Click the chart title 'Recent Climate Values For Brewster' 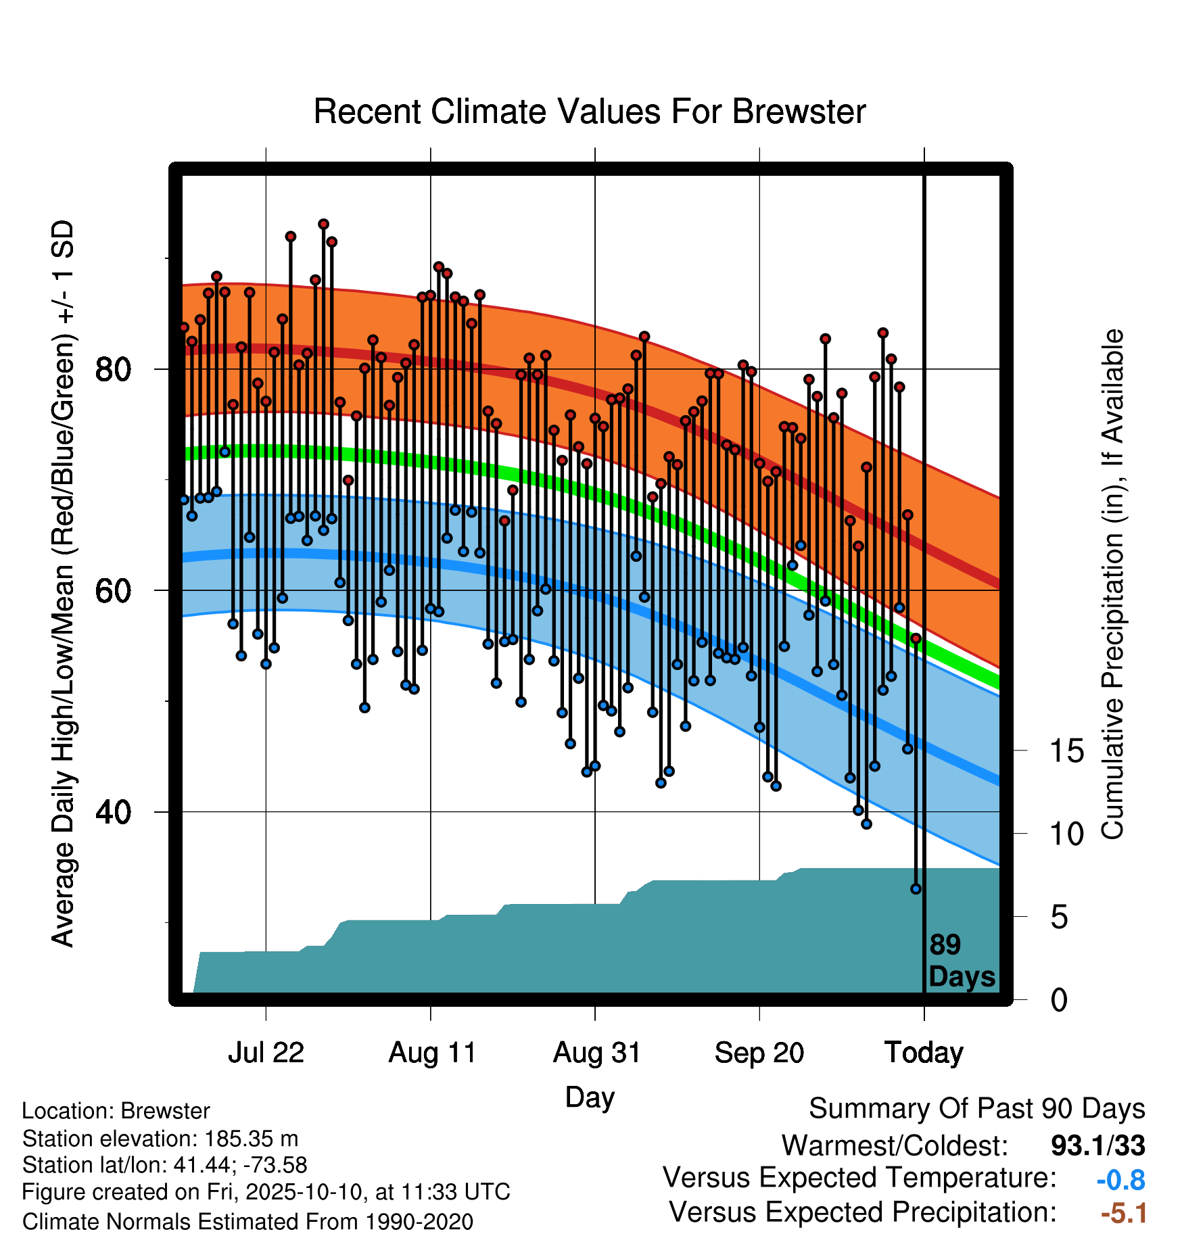pos(590,112)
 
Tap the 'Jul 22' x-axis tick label pos(266,1052)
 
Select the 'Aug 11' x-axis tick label pos(432,1052)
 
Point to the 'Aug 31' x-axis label pos(596,1052)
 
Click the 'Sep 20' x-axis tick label pos(759,1052)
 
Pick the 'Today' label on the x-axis pos(924,1053)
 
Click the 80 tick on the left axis pos(113,369)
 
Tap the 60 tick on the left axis pos(113,590)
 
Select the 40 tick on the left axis pos(113,811)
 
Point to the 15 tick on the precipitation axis pos(1066,751)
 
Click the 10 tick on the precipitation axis pos(1066,834)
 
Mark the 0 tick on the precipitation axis pos(1059,999)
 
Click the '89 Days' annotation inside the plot pos(962,961)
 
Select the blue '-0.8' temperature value pos(1120,1180)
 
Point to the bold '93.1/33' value pos(1098,1145)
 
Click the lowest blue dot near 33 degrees pos(916,889)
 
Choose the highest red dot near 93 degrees pos(323,224)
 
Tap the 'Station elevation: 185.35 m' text pos(160,1139)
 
